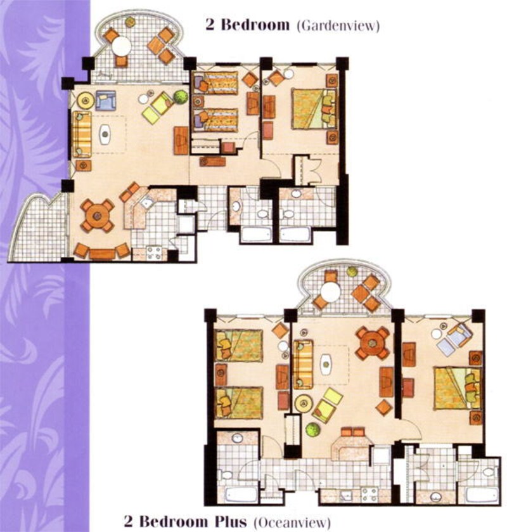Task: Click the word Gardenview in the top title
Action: tap(338, 26)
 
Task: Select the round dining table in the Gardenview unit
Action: tap(98, 216)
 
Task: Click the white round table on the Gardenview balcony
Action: tap(122, 46)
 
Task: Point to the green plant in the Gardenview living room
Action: tap(181, 96)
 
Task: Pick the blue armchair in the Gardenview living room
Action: tap(105, 100)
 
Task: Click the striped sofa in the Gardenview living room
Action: tap(82, 134)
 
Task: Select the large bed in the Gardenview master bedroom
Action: tap(314, 108)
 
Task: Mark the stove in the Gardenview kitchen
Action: tap(153, 253)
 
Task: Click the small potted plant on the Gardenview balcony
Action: tap(129, 22)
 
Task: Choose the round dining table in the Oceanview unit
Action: tap(373, 342)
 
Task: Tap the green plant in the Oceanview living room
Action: tap(312, 429)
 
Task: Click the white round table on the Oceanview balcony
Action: tap(331, 292)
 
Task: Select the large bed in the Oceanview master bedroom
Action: tap(458, 389)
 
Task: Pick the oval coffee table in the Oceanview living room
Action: tap(326, 365)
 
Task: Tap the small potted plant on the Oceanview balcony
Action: tap(352, 271)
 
